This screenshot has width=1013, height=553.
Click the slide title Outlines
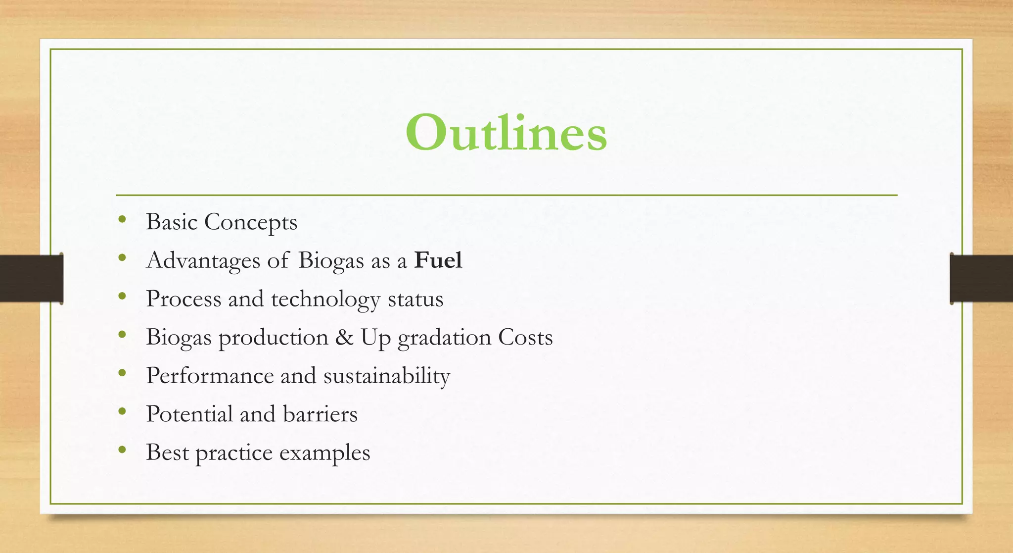506,133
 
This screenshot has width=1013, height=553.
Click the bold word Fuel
438,260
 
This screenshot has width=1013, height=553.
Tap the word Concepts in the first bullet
251,222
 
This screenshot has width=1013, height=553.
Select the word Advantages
203,260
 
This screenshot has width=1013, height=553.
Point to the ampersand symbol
344,338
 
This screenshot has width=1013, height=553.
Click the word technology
325,300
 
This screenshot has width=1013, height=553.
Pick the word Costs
525,338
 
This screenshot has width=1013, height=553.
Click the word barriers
320,414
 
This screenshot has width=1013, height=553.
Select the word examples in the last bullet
324,453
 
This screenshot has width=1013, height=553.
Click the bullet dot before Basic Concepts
122,219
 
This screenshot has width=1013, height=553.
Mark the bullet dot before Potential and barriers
122,411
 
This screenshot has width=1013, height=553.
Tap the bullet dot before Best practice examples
122,450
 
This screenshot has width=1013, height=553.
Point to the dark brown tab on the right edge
981,278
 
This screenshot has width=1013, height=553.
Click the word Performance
210,376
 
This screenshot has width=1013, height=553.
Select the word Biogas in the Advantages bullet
331,261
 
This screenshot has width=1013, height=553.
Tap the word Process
184,300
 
